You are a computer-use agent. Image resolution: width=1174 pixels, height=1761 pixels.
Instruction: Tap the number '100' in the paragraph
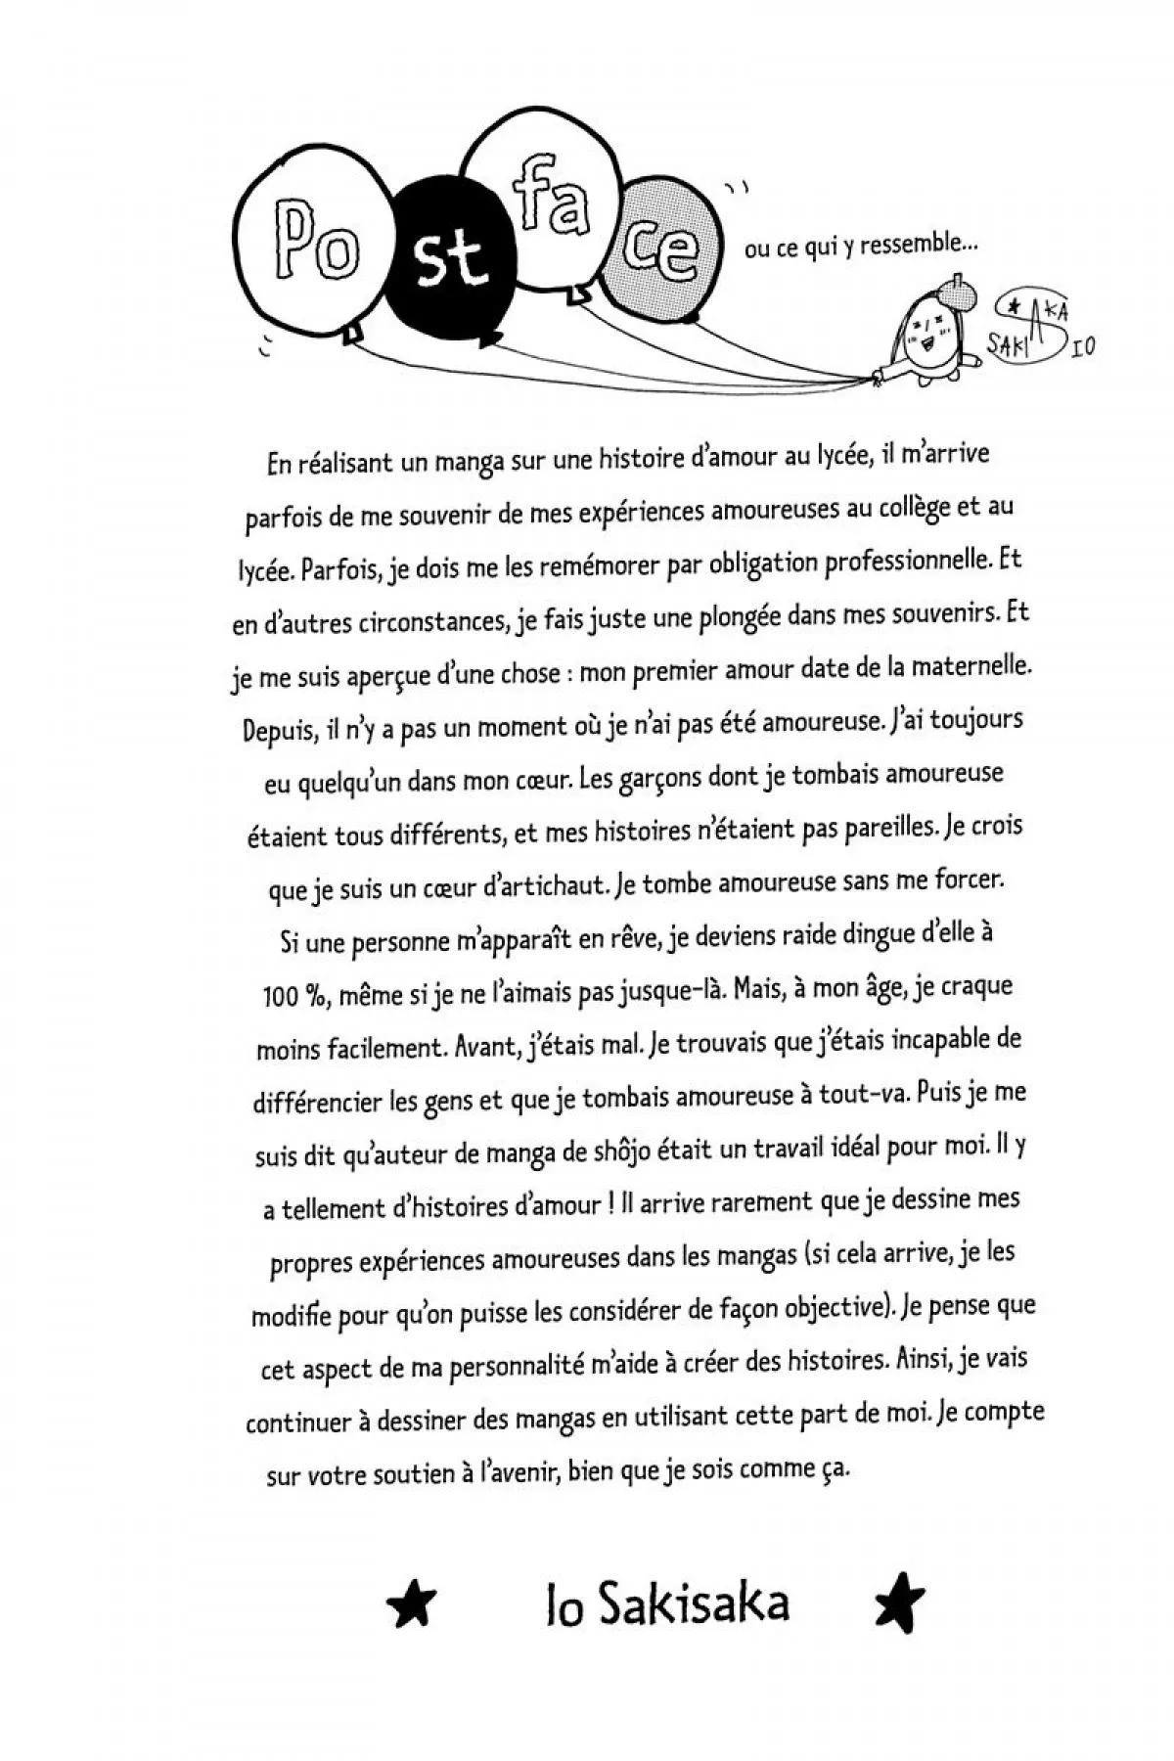point(280,996)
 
